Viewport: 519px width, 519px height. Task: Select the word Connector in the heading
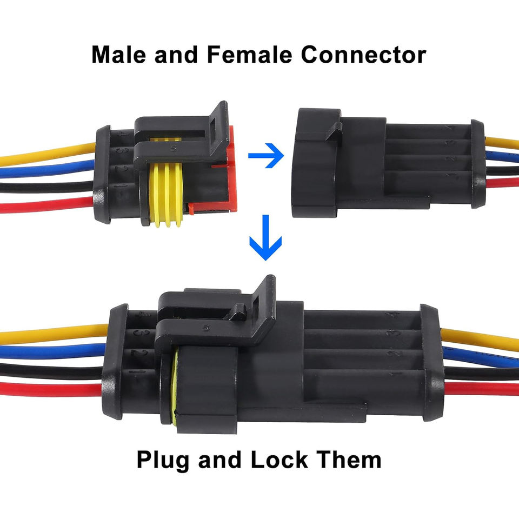(x=363, y=55)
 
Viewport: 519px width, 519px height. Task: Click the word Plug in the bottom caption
(x=163, y=461)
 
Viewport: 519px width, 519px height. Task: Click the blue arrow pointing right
(x=266, y=157)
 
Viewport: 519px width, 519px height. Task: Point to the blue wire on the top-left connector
(x=49, y=169)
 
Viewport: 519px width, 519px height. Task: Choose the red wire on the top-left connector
(x=49, y=204)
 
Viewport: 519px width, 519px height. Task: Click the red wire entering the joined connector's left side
(x=51, y=388)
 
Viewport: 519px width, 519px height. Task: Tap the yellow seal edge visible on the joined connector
(x=175, y=384)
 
